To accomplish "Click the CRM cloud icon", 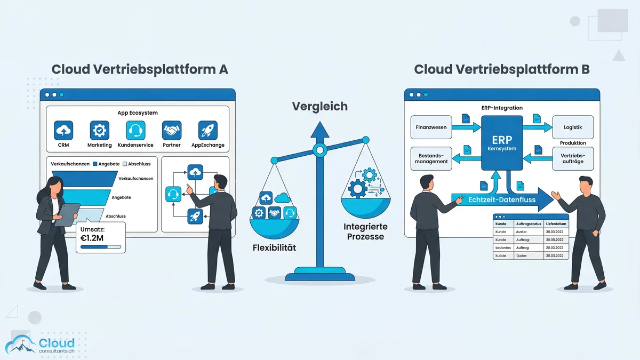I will tap(63, 130).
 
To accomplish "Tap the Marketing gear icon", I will tap(99, 130).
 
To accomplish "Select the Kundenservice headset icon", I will tap(135, 130).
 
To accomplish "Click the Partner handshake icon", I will tap(172, 130).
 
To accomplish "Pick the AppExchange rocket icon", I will tap(208, 130).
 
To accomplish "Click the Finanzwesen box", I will tap(431, 128).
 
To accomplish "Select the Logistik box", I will tap(573, 128).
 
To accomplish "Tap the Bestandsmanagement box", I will tap(431, 158).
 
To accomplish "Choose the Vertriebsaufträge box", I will tap(573, 158).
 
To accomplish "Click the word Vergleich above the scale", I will tap(319, 107).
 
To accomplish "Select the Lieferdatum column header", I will tap(555, 223).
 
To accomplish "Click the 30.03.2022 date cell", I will tap(555, 232).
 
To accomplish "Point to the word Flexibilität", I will tap(274, 247).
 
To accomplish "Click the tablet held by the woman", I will tap(67, 214).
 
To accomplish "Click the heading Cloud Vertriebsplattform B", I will tap(502, 70).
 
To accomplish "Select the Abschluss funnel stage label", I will tap(115, 216).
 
